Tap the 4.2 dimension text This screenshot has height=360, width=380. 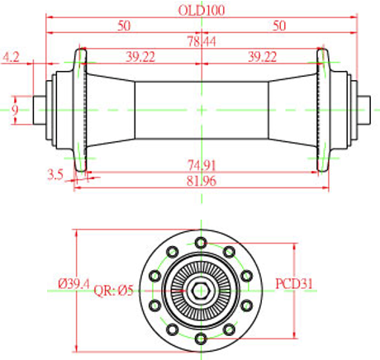point(12,57)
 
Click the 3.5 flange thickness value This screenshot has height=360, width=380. point(55,173)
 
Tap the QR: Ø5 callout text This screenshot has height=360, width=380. point(114,291)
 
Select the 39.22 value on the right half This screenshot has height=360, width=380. point(263,57)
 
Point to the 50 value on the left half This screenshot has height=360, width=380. point(125,26)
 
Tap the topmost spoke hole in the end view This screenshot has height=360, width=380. point(201,243)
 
